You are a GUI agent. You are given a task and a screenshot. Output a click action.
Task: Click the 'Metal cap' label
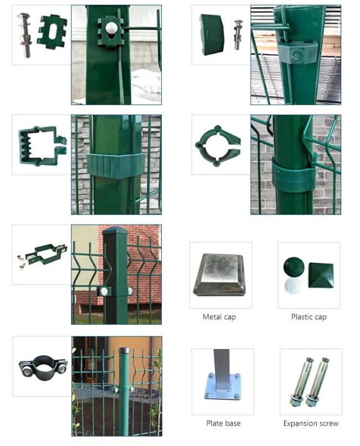[x=219, y=317]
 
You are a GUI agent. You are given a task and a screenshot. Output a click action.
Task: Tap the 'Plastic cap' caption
[x=309, y=317]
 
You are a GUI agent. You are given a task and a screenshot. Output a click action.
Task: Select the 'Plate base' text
[x=223, y=423]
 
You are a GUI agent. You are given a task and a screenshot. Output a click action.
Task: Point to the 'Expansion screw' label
[x=311, y=423]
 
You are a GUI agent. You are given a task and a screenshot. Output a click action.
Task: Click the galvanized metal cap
[x=219, y=275]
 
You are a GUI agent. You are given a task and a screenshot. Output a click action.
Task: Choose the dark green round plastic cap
[x=294, y=267]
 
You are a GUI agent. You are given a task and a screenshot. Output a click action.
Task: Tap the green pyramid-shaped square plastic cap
[x=321, y=274]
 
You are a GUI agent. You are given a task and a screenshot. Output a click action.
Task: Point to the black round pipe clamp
[x=43, y=366]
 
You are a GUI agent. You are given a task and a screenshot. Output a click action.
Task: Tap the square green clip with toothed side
[x=42, y=146]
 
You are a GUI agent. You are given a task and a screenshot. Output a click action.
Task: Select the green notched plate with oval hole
[x=52, y=32]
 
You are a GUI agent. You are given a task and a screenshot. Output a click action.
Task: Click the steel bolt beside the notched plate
[x=25, y=35]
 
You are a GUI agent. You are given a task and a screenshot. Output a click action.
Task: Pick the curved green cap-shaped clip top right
[x=212, y=34]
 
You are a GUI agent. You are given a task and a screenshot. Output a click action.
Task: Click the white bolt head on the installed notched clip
[x=110, y=28]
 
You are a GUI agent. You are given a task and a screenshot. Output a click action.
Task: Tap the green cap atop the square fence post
[x=115, y=231]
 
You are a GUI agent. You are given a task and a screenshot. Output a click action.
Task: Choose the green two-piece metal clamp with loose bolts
[x=45, y=253]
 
